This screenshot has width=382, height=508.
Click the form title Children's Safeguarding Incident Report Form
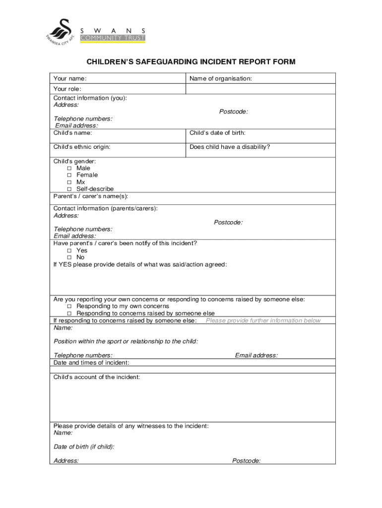(191, 62)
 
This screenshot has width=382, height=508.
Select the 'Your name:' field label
(70, 78)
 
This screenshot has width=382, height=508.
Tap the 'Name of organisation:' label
(221, 78)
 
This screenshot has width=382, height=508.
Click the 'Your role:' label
(67, 89)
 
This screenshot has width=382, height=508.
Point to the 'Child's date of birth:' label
(217, 133)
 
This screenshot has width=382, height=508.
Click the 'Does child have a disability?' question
(230, 147)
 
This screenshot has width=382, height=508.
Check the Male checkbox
(69, 168)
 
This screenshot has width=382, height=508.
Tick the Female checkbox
(69, 175)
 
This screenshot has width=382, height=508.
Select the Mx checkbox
(69, 182)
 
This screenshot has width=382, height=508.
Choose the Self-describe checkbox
(69, 189)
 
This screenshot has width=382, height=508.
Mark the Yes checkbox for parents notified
(69, 251)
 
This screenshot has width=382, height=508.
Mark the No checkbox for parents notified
(69, 257)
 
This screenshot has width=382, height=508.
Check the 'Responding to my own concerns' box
(69, 307)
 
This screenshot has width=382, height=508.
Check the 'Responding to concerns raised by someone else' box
(69, 314)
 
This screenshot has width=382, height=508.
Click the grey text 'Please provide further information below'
(263, 320)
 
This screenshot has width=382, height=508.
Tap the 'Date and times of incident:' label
(91, 363)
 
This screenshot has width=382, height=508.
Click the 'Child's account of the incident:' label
(97, 378)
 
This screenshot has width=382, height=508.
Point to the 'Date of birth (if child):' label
(84, 447)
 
